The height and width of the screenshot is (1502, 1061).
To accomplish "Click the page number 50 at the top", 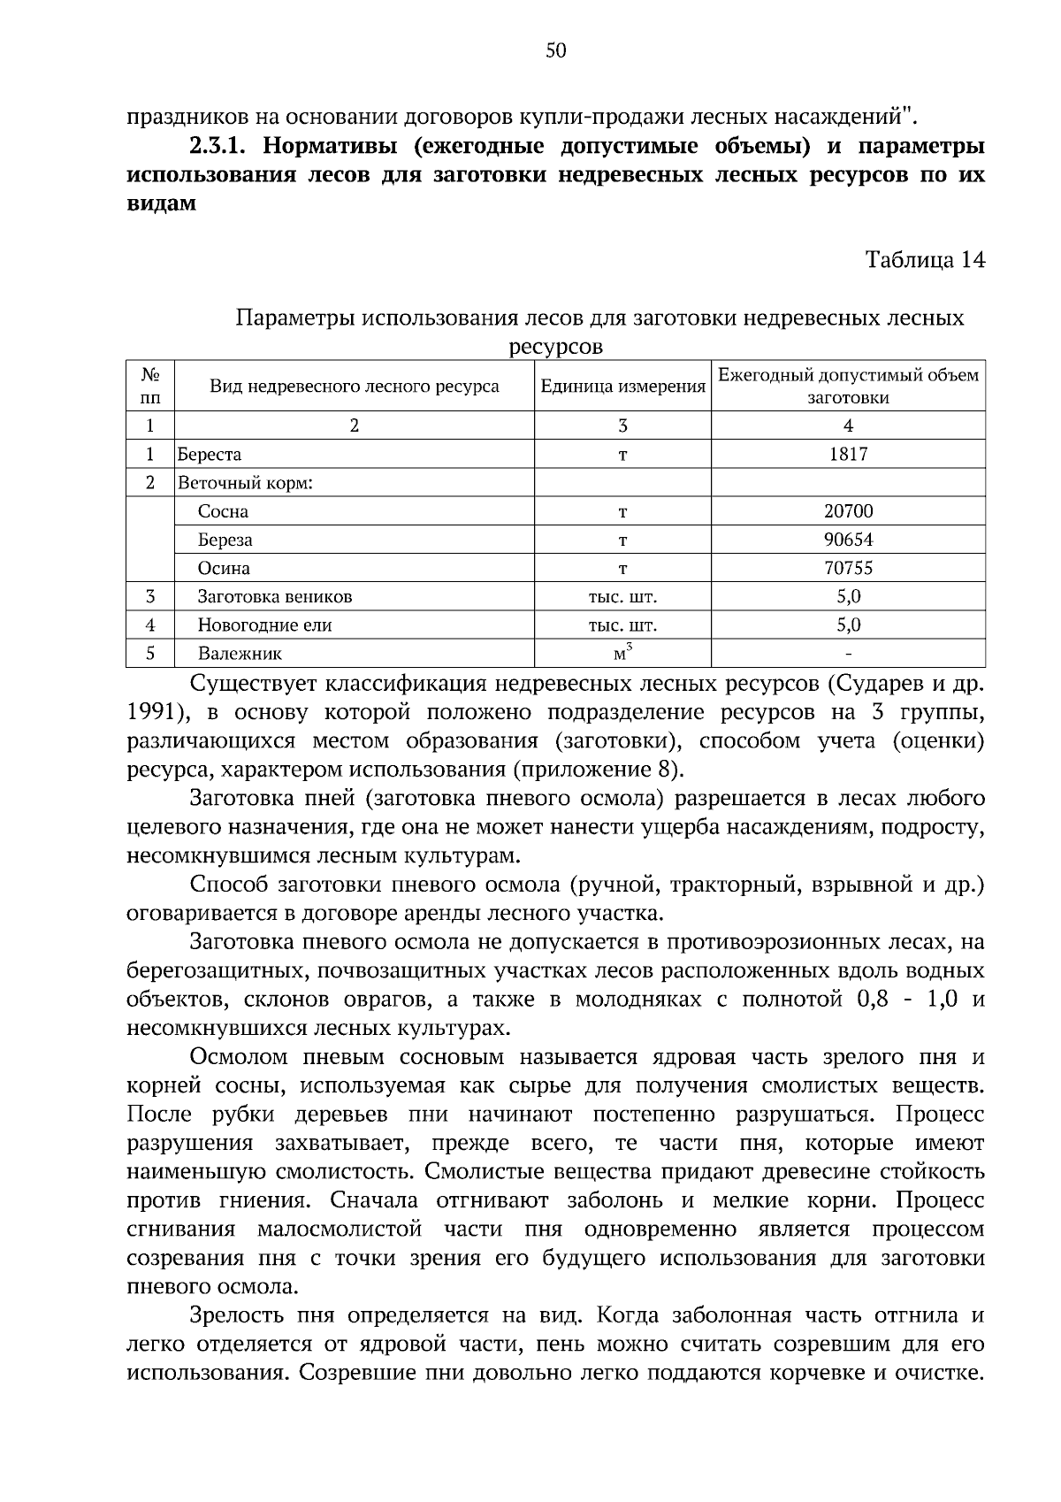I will coord(555,51).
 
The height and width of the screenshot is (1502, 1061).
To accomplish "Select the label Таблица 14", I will coord(924,260).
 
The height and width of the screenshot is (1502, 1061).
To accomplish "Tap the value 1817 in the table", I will coord(848,455).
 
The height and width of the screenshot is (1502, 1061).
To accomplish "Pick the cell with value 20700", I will coord(848,511).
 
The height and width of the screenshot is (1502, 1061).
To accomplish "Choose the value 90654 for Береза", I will coord(848,540).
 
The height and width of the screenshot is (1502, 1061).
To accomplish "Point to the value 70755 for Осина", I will coord(848,568).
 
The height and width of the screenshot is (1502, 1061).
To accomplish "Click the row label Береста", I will coord(210,455).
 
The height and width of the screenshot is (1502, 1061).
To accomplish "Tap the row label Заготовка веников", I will coord(275,597).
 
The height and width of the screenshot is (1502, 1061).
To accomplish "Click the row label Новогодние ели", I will coord(264,625).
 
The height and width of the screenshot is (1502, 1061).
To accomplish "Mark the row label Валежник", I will coord(240,655).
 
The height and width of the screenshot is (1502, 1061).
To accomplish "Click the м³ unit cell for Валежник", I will coord(622,654).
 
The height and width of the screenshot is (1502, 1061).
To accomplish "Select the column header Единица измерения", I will coord(622,387).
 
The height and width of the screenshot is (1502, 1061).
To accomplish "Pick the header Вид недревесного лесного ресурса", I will coord(354,387).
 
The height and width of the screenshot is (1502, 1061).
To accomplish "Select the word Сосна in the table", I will coord(223,511).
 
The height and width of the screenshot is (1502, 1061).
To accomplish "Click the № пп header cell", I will coord(150,386).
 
